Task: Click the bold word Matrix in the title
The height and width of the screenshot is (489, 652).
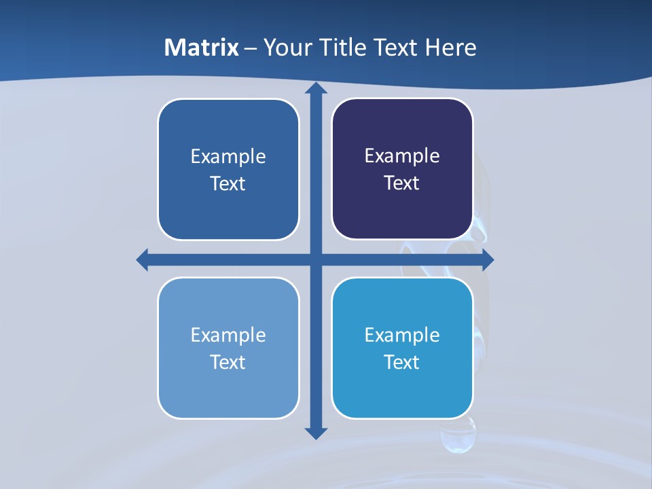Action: point(202,48)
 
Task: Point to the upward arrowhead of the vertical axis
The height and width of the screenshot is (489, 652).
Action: point(316,88)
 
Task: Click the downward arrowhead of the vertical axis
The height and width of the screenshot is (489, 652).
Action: point(316,433)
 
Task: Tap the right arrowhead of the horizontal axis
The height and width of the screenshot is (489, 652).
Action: point(488,259)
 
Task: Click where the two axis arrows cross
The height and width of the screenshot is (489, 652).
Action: point(316,259)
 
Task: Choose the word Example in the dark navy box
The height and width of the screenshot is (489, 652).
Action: point(402,156)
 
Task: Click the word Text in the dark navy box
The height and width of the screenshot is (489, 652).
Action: point(402,183)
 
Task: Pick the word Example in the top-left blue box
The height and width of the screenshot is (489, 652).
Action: point(228,157)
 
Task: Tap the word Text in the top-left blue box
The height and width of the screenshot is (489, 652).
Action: point(228,184)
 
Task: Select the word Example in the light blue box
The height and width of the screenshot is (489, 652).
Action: point(228,336)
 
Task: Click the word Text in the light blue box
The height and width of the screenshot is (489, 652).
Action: point(228,363)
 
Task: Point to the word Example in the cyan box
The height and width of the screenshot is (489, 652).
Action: point(402,336)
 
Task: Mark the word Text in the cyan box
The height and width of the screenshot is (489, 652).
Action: point(402,363)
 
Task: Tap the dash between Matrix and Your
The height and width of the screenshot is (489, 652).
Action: point(251,48)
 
